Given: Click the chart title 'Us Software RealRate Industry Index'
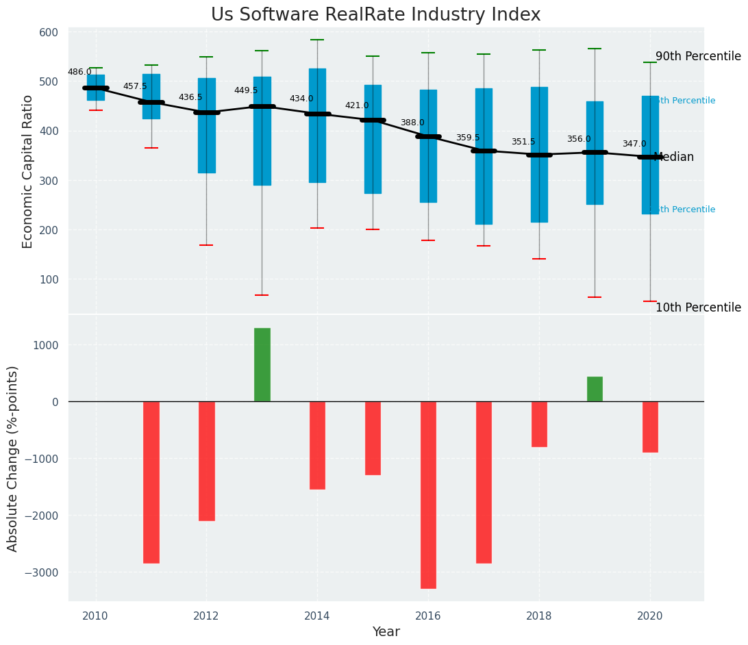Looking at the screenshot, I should [375, 15].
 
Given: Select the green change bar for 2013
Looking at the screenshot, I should [262, 364].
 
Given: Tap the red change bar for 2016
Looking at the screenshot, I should [428, 494].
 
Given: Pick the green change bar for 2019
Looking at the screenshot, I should [595, 389].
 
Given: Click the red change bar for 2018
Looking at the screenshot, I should [539, 424].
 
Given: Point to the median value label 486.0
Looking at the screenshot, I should [79, 72].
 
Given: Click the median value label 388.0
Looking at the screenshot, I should [412, 123].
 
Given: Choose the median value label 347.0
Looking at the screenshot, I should [634, 144].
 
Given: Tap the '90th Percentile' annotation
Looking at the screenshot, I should [698, 56].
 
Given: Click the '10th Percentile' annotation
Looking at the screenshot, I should [698, 307].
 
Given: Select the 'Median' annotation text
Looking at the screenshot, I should [674, 157].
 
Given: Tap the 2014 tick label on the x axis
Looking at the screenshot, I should [317, 616].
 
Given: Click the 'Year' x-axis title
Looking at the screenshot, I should [386, 632].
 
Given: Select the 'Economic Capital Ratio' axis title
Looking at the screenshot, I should [28, 171].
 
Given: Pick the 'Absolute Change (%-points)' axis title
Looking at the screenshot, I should [13, 458].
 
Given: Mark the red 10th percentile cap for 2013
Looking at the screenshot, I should [262, 295].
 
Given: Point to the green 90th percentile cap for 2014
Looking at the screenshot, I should [317, 40].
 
